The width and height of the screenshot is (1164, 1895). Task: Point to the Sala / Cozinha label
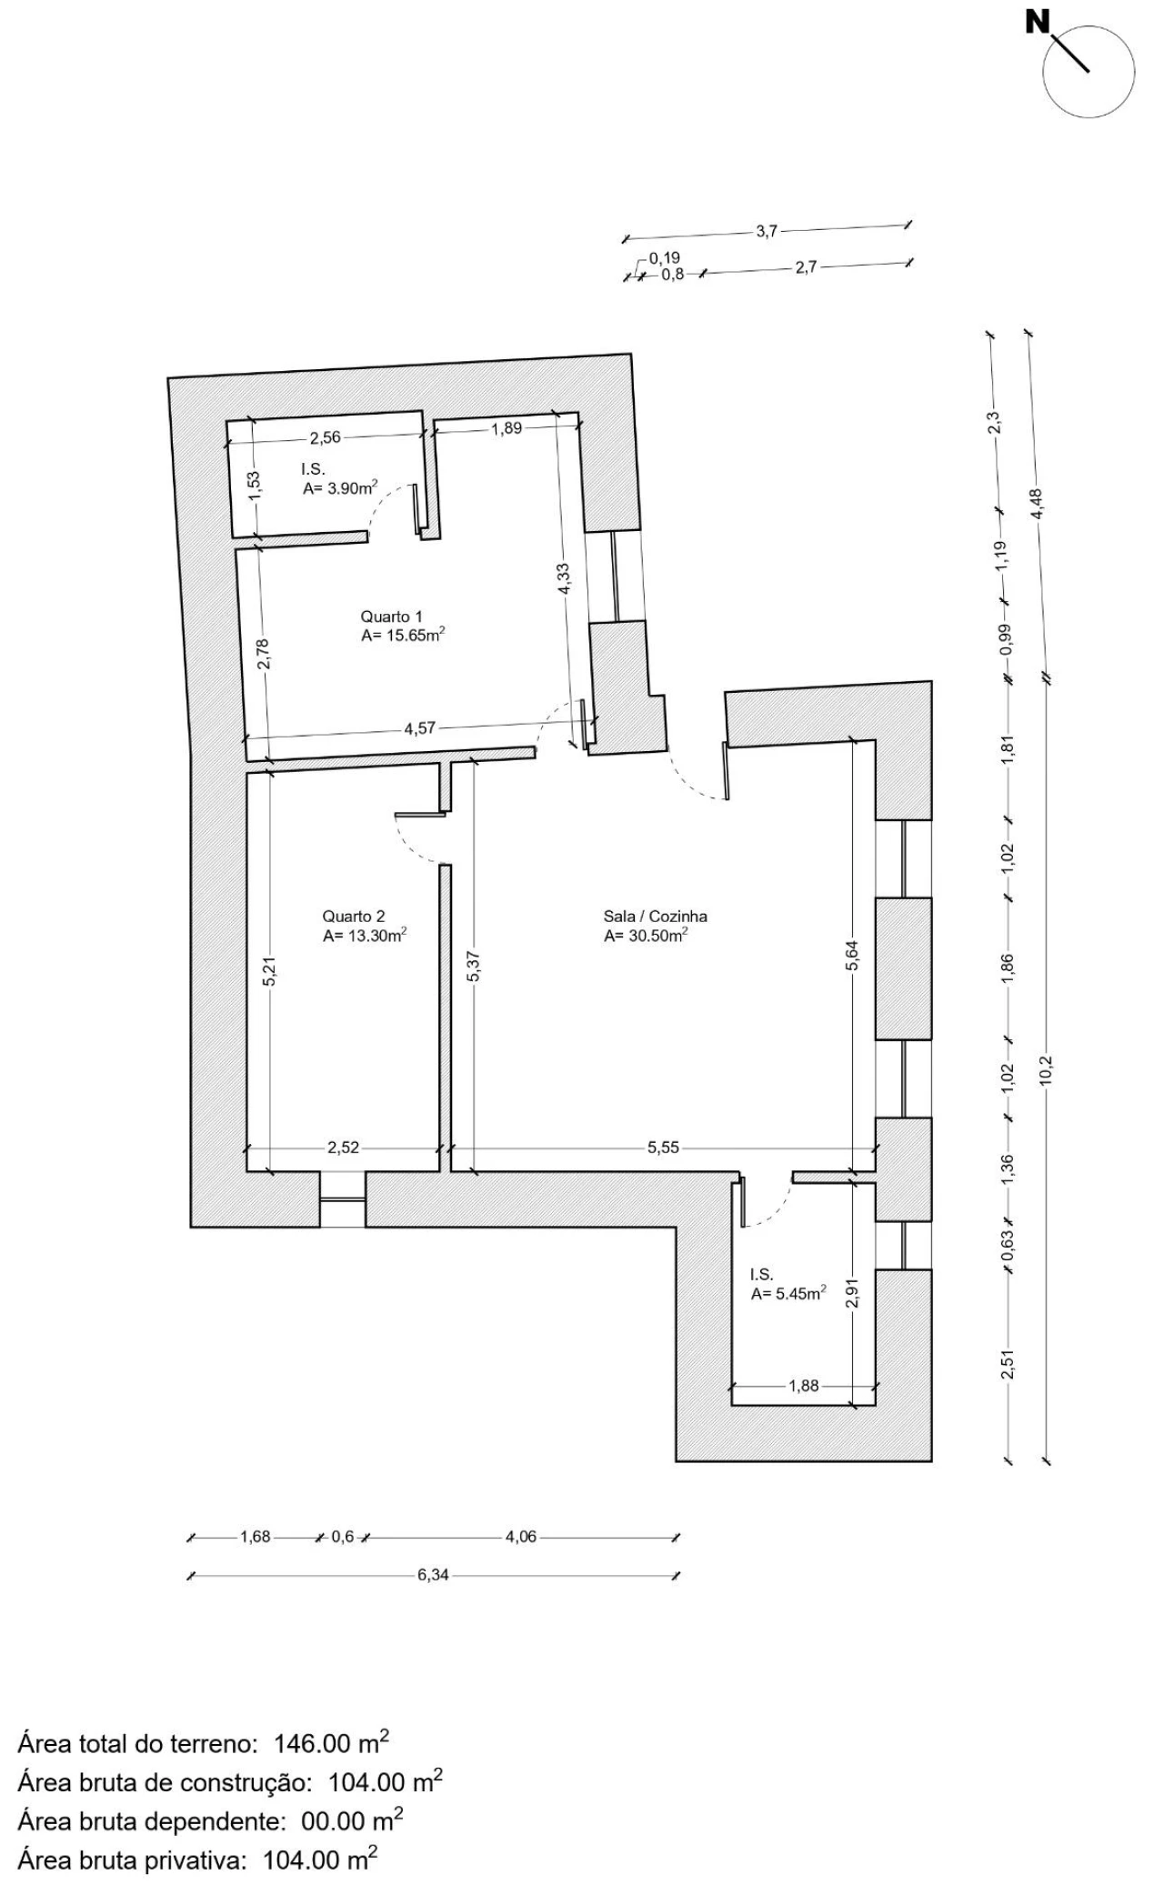655,916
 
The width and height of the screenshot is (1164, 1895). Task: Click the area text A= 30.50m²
646,936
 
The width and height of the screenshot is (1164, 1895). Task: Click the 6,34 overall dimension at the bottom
433,1575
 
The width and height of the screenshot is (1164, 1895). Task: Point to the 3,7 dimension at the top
767,231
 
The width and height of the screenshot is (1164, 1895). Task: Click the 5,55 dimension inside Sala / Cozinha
664,1148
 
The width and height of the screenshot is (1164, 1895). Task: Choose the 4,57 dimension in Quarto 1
419,727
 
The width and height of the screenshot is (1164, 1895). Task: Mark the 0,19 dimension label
665,258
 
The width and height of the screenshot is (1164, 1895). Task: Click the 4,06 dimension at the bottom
521,1537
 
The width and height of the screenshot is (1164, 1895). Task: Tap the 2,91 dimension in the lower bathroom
852,1295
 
